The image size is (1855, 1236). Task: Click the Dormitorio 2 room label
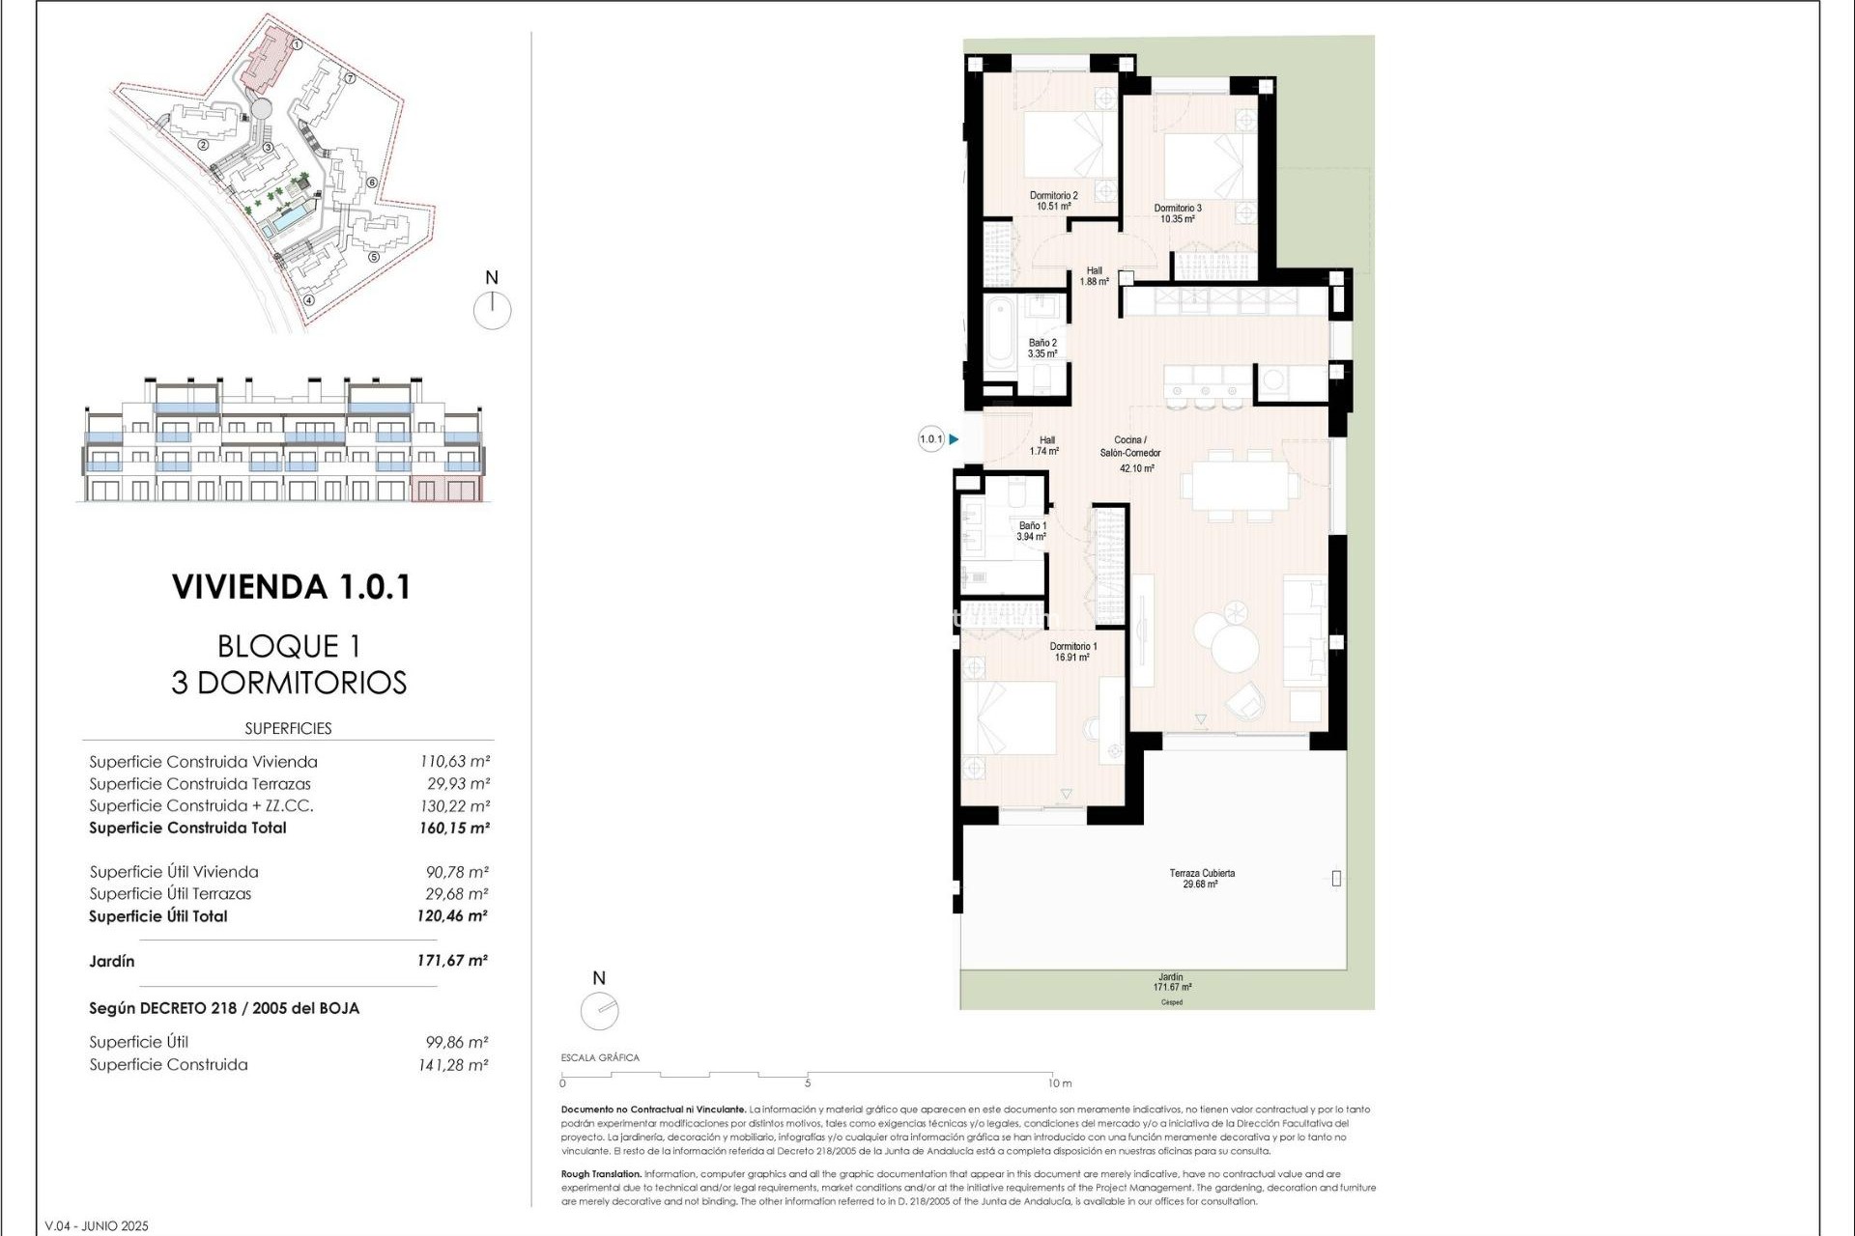1053,201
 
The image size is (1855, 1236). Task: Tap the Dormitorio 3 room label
1178,213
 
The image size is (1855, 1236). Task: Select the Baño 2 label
1042,349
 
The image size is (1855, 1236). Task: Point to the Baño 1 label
1032,531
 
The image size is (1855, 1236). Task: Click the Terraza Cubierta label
1201,878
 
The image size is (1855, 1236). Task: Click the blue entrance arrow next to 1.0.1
954,439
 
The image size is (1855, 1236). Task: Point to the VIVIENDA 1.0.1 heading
291,587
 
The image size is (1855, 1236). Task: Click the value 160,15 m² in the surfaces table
454,829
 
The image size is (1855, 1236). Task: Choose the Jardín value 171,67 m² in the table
452,961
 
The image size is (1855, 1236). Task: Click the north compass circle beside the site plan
492,311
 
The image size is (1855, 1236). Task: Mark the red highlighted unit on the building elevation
445,489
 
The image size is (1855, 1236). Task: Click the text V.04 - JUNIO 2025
97,1226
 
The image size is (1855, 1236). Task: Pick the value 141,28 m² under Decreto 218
456,1065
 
